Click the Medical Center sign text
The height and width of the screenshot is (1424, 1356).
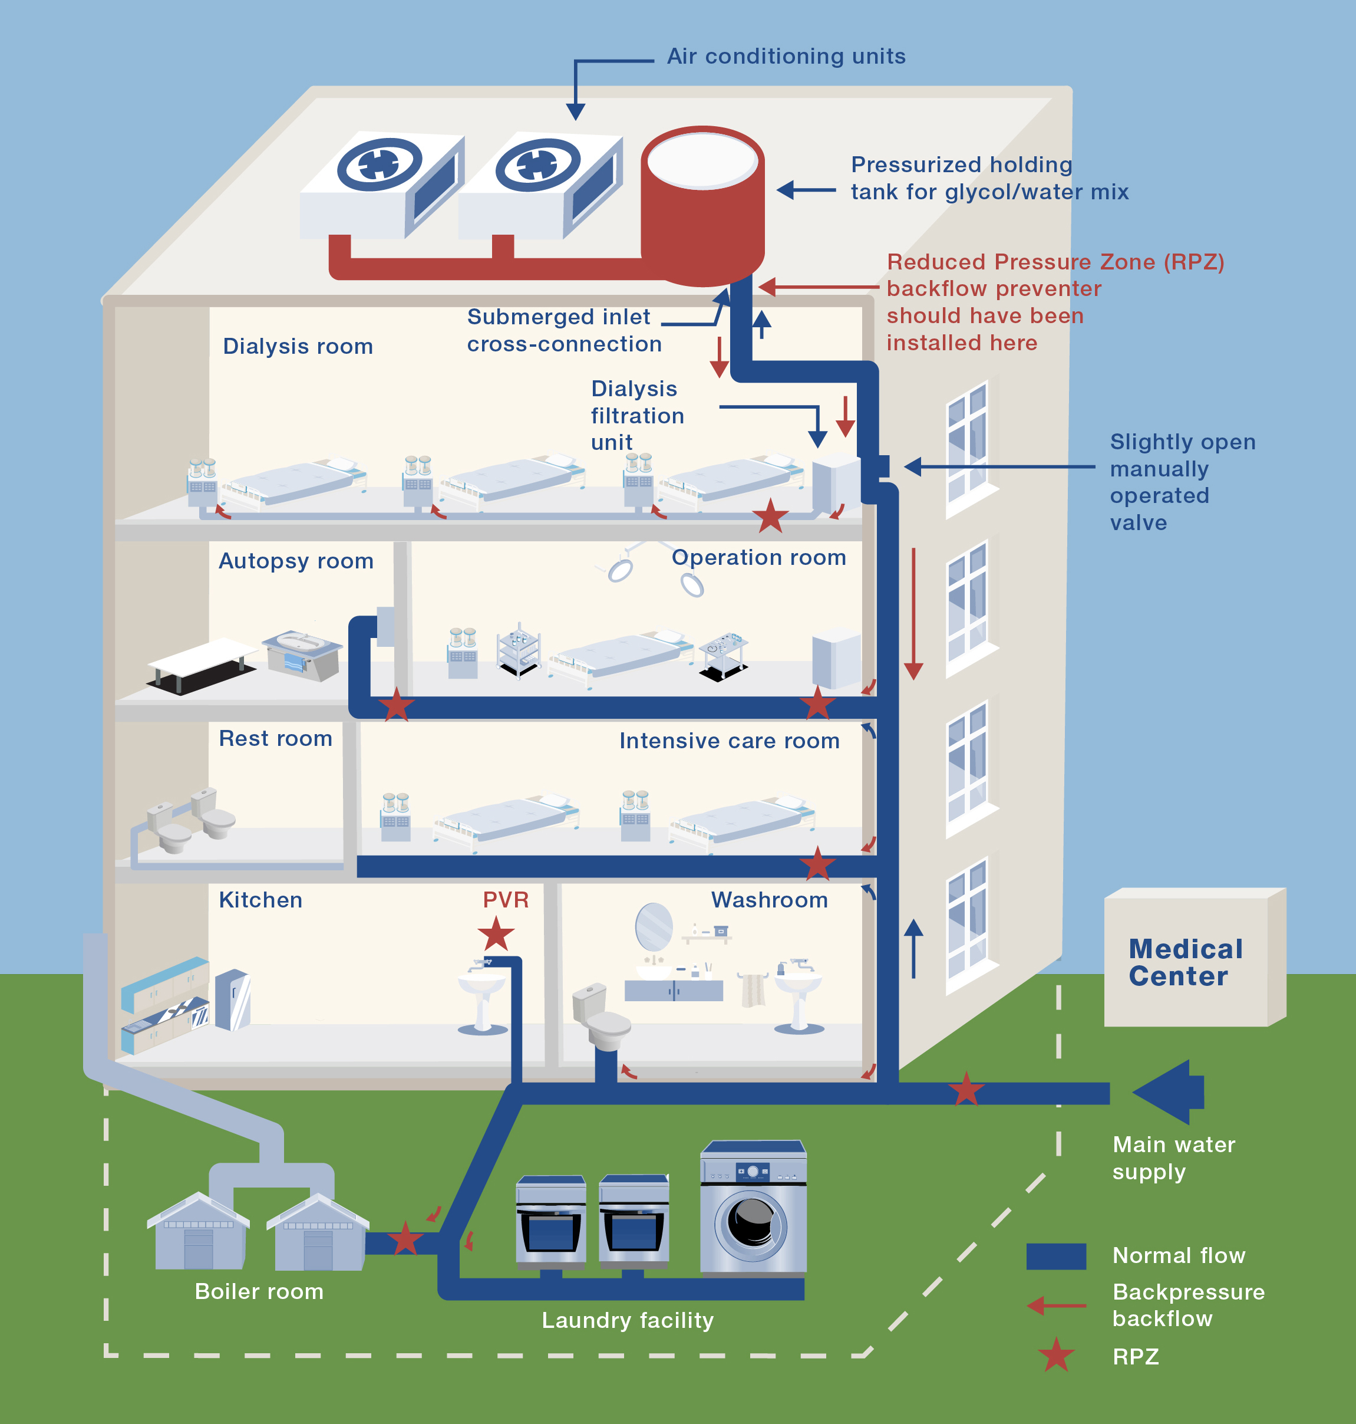(x=1186, y=962)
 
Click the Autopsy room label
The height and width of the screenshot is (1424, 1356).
(x=296, y=561)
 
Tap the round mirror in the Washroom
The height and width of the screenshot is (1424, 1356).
(x=654, y=926)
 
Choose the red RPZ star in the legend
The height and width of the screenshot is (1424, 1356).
(x=1056, y=1355)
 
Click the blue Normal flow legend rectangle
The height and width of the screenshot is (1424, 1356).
(x=1055, y=1256)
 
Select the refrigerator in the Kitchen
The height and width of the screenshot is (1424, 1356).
(x=233, y=999)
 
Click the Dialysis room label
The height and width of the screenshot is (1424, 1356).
(x=298, y=346)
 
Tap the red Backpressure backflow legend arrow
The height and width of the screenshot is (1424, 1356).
(x=1056, y=1305)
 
